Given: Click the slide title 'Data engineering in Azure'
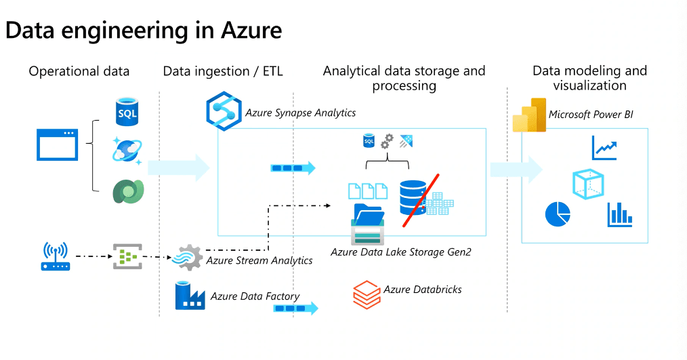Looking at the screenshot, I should coord(144,31).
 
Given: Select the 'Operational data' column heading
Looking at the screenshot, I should coord(79,71).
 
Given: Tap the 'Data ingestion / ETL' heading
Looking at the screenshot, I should coord(223,71).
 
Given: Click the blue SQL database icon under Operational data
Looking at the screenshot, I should coord(127,111).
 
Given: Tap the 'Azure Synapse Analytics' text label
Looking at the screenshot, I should coord(300,113).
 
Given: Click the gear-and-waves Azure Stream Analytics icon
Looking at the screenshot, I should coord(187,258).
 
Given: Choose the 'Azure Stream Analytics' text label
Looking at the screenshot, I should coord(259,260).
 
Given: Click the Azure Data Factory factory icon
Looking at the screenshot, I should coord(190,296).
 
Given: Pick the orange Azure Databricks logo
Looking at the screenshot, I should coord(366,294).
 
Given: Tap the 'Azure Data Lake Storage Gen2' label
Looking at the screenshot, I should coord(400,252).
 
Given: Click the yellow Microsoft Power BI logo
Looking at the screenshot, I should coord(530,115).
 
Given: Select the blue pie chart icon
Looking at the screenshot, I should coord(558,214).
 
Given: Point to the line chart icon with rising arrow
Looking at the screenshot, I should coord(604,147).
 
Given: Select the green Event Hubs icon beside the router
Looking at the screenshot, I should coord(126,257).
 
